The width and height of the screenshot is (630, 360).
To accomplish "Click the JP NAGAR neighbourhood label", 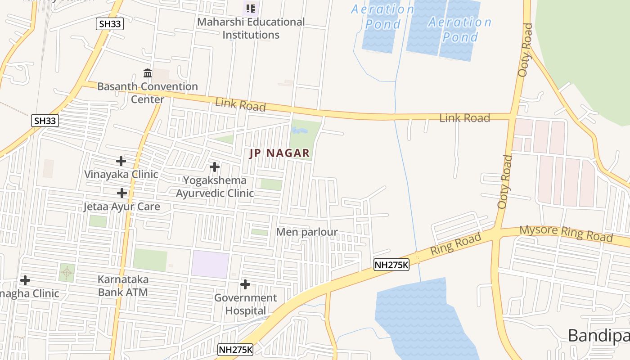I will coord(279,153).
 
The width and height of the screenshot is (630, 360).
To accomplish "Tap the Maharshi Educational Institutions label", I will coord(251,28).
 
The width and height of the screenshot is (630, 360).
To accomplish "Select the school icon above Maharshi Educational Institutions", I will coord(251,8).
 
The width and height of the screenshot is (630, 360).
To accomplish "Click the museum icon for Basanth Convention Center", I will coord(148,73).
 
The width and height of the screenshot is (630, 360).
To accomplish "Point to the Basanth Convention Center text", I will coord(148,92).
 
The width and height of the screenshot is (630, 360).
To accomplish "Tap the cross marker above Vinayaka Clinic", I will coord(121,161).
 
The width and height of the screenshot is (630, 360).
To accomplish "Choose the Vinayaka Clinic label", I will coord(121,174).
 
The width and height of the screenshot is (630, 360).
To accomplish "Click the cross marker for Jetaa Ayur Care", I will coord(121,193).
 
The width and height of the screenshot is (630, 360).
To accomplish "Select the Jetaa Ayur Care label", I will coord(121,207).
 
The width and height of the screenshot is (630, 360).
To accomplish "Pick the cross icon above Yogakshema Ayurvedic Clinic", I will coord(215,167).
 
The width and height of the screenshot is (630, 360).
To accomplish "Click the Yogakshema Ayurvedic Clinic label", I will coord(215,187).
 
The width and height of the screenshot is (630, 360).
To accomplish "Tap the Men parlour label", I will coord(306,232).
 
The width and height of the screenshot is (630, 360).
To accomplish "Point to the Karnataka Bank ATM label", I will coord(123,286).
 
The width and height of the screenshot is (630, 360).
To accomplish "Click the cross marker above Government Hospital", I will coord(245,284).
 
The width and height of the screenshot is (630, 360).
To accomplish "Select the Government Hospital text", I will coord(245,304).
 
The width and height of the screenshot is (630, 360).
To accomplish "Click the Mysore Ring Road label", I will coord(566,233).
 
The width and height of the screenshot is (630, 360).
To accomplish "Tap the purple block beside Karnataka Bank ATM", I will coord(210,264).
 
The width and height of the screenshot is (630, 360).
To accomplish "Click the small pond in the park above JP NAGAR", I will coord(299,131).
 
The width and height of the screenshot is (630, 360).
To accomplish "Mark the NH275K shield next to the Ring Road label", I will coord(391,265).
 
